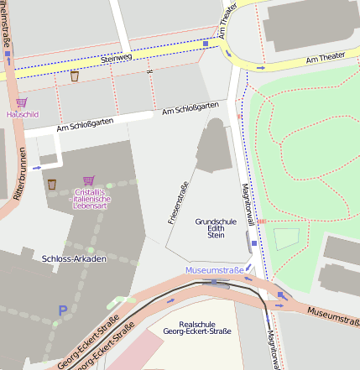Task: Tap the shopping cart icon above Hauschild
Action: tap(21, 102)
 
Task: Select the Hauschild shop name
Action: tap(22, 113)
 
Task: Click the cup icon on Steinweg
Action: tap(75, 76)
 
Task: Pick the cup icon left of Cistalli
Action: tap(52, 184)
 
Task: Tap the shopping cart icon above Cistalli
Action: tap(89, 180)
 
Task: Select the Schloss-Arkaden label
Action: tap(74, 259)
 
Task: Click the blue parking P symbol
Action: tap(62, 310)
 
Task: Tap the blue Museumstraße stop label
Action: tap(215, 270)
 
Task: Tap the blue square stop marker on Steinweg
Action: tap(206, 42)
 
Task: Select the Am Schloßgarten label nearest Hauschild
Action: tap(83, 127)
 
